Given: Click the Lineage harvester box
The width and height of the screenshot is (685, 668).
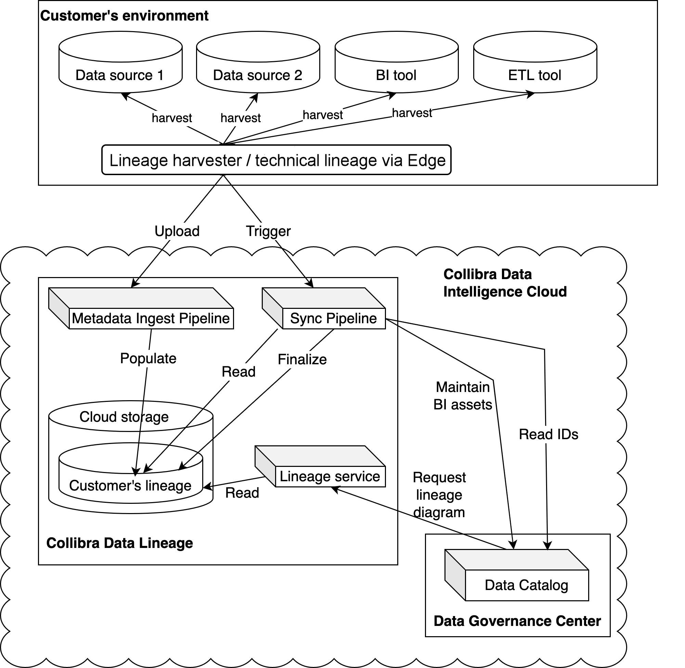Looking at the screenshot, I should click(x=276, y=160).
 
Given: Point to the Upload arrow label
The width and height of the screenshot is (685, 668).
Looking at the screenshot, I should click(x=177, y=231).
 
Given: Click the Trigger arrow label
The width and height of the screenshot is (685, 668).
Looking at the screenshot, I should click(x=268, y=231).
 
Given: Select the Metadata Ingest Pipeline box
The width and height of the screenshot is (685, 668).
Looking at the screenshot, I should click(x=151, y=318).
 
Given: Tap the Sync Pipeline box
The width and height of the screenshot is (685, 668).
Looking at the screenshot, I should click(x=333, y=318).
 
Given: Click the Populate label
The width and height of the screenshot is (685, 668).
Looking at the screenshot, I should click(x=148, y=358).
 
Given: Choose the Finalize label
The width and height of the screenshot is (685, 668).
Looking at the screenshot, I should click(x=302, y=359).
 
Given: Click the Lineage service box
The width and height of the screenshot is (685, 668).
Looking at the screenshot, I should click(x=329, y=476).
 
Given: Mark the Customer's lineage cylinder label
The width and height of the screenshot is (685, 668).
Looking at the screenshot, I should click(x=130, y=485).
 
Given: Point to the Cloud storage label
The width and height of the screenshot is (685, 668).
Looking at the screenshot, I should click(x=124, y=417).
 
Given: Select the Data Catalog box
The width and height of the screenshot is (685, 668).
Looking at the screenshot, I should click(x=526, y=585).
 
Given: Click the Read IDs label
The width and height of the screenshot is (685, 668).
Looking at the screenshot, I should click(x=548, y=434).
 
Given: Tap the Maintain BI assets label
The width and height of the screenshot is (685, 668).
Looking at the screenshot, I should click(x=463, y=396).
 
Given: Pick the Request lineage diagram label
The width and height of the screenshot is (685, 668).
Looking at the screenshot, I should click(x=439, y=495).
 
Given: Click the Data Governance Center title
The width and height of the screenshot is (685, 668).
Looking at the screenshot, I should click(x=517, y=621).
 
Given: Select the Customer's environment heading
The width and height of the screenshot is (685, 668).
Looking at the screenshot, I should click(x=124, y=16).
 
